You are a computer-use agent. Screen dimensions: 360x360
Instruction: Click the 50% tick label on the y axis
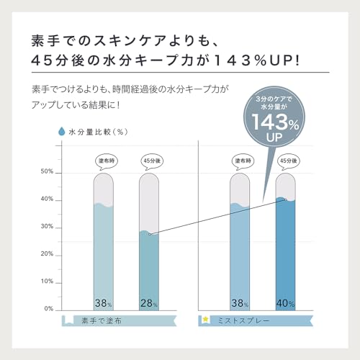point(47,171)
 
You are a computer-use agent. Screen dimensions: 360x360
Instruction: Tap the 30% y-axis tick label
point(47,226)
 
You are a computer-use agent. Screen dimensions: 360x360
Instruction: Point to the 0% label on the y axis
point(49,309)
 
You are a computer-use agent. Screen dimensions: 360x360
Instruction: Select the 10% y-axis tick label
point(47,282)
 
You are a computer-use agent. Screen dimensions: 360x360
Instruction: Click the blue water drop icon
point(62,131)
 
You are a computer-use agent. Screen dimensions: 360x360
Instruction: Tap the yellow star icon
point(205,320)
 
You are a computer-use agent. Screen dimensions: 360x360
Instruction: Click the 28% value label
point(149,303)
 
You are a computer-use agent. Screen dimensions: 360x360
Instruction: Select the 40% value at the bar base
point(285,303)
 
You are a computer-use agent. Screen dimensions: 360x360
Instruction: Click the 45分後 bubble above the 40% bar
point(288,161)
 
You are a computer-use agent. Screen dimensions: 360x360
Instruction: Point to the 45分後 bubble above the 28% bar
point(152,161)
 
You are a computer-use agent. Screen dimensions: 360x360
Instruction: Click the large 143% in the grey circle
point(275,122)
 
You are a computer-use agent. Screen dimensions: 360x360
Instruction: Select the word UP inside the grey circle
point(274,138)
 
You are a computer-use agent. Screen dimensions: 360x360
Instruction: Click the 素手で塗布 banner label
point(102,320)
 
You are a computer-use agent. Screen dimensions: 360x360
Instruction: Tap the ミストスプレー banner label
point(243,320)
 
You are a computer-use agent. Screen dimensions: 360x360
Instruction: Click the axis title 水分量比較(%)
point(99,132)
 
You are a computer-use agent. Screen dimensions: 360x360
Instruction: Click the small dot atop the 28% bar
point(150,234)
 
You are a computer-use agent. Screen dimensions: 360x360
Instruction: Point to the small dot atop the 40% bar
point(286,199)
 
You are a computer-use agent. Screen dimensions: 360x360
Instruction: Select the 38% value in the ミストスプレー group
point(240,303)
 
